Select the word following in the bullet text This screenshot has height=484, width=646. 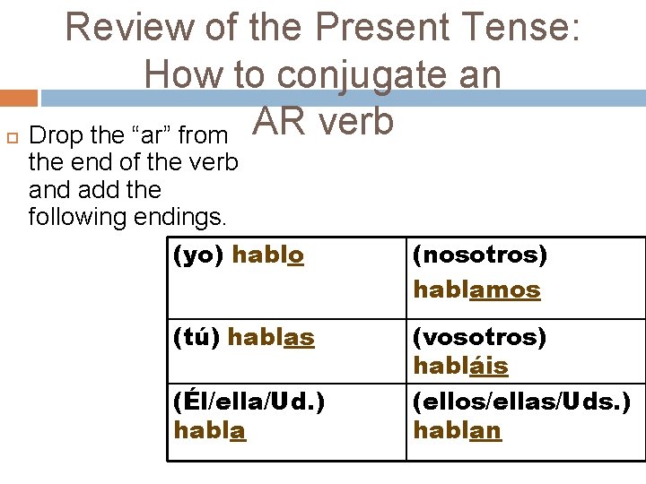click(x=83, y=217)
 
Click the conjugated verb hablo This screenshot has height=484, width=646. click(x=268, y=255)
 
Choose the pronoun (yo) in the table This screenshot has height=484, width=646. click(x=198, y=255)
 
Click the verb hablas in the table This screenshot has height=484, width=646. click(x=271, y=338)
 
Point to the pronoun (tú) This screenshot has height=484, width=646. click(x=197, y=338)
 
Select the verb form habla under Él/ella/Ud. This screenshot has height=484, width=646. click(x=210, y=430)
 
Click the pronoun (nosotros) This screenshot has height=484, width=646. click(x=479, y=255)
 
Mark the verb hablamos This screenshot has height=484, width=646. click(x=476, y=290)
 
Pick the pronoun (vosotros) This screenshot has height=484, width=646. click(x=479, y=338)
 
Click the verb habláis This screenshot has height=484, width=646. click(x=460, y=367)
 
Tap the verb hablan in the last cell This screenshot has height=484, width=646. click(x=457, y=430)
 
